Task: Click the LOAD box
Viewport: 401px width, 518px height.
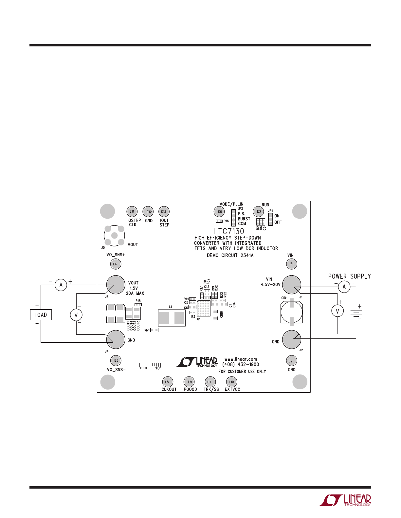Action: [41, 315]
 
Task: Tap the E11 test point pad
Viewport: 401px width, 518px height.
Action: [132, 211]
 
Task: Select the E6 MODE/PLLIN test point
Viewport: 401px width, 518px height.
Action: [219, 211]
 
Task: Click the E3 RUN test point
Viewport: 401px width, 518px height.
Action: [259, 211]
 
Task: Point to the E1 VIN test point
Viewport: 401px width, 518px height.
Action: [292, 264]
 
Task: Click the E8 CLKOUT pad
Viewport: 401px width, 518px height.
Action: [167, 382]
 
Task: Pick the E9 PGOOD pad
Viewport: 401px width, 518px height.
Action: [189, 382]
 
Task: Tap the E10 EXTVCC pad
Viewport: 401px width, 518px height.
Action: [231, 382]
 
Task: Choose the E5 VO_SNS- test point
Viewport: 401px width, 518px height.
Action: [116, 360]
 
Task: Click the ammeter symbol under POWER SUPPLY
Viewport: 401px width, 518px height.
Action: [344, 287]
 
